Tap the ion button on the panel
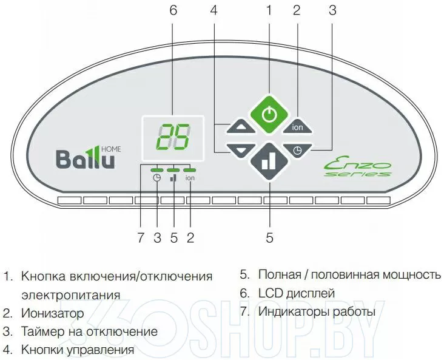click(x=297, y=126)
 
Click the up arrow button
click(x=241, y=126)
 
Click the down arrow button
click(x=241, y=150)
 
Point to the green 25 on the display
click(x=173, y=137)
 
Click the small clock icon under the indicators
click(x=156, y=178)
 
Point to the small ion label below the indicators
click(x=190, y=178)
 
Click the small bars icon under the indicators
click(x=173, y=178)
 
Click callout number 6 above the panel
click(x=173, y=10)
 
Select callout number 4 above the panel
click(x=214, y=10)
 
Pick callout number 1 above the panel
click(x=269, y=10)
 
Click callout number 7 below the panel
click(x=141, y=237)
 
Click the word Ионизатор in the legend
click(x=52, y=313)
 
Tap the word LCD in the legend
click(x=271, y=293)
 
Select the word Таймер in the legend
click(x=42, y=331)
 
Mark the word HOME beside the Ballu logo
click(x=111, y=149)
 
